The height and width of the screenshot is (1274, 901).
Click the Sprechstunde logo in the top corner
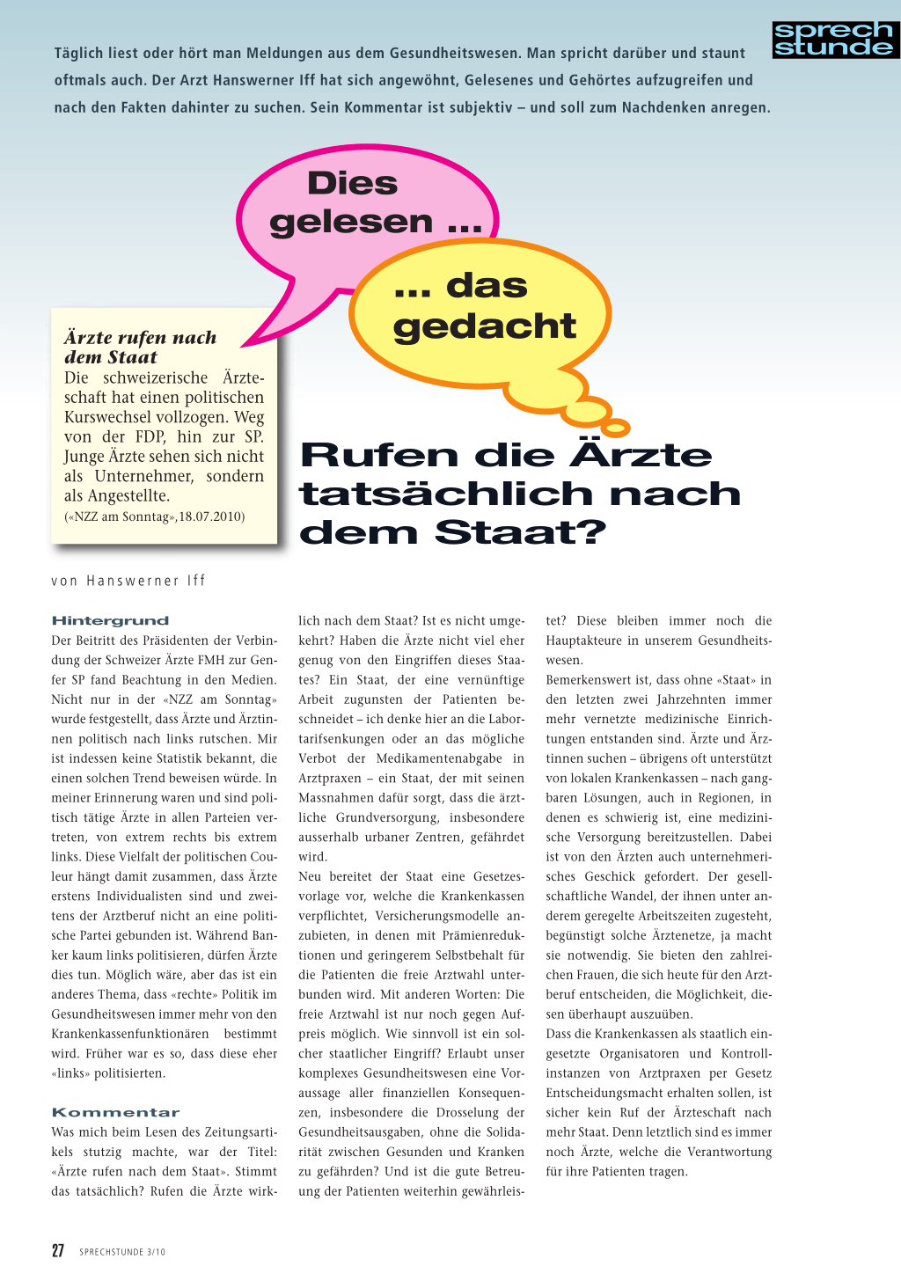pyautogui.click(x=835, y=40)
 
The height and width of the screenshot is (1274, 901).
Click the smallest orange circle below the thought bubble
pyautogui.click(x=615, y=428)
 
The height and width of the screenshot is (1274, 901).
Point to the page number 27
pyautogui.click(x=58, y=1250)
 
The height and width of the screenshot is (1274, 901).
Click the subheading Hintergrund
pyautogui.click(x=110, y=620)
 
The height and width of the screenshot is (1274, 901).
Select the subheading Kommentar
pyautogui.click(x=115, y=1112)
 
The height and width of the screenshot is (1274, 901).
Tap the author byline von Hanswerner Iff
pyautogui.click(x=128, y=581)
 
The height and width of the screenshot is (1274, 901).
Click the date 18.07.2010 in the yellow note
pyautogui.click(x=212, y=516)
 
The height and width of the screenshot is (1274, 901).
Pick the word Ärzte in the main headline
pyautogui.click(x=641, y=455)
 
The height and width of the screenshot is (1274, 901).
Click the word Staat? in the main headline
pyautogui.click(x=520, y=532)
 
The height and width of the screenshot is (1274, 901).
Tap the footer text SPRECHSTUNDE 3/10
pyautogui.click(x=122, y=1252)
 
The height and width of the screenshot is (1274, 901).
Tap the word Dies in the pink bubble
pyautogui.click(x=352, y=183)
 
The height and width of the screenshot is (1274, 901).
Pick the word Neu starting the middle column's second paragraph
pyautogui.click(x=310, y=876)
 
